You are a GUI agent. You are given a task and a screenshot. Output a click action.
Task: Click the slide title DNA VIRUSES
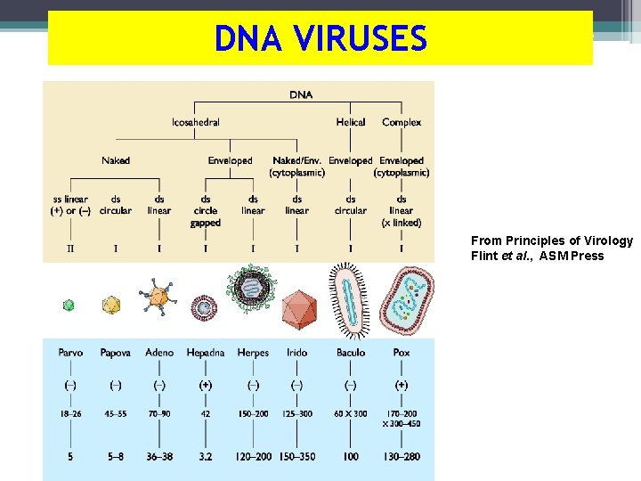pos(320,38)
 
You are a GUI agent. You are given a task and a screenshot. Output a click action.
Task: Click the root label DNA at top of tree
pos(301,94)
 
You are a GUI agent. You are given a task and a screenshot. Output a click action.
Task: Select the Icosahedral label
pos(196,122)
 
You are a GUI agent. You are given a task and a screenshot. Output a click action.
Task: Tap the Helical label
pos(351,122)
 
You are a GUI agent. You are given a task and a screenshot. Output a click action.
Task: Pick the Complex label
pos(402,122)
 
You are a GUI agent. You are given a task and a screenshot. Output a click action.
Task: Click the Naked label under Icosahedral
pos(115,160)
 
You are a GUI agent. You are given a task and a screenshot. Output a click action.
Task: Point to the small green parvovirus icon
pos(69,306)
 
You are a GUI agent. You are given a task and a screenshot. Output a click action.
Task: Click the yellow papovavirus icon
pos(111,306)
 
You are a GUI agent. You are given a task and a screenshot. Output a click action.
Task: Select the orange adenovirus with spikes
pos(158,298)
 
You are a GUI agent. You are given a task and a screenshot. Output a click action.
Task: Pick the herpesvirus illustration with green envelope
pos(251,288)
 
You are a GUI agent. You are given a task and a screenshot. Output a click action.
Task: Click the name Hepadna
pos(206,353)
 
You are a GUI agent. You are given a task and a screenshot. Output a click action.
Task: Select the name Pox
pos(402,353)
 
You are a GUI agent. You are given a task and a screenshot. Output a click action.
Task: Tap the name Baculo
pos(351,353)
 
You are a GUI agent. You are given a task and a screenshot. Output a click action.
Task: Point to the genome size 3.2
pos(206,456)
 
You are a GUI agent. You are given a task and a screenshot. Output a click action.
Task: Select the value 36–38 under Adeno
pos(159,456)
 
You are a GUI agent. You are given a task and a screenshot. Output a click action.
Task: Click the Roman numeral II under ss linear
pos(70,249)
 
